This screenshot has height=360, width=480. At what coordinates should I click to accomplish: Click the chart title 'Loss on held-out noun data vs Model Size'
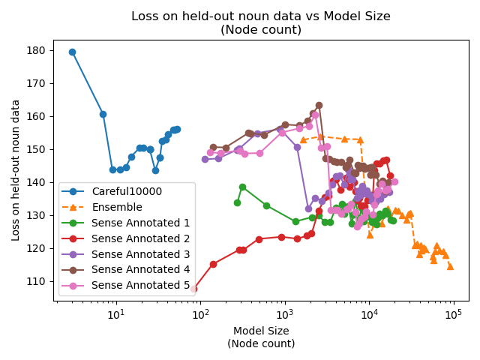(x=261, y=16)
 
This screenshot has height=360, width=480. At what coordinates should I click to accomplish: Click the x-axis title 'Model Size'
(x=261, y=331)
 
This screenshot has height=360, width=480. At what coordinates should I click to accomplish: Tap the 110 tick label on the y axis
(x=37, y=281)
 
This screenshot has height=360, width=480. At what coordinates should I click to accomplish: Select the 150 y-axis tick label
(x=37, y=149)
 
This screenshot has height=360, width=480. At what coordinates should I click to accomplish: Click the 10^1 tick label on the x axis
(x=115, y=313)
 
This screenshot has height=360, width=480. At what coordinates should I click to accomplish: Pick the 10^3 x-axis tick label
(x=284, y=313)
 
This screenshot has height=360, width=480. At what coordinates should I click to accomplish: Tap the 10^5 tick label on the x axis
(x=453, y=313)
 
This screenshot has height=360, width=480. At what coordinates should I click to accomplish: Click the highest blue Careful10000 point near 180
(x=72, y=52)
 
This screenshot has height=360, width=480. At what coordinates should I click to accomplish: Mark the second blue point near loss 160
(x=103, y=114)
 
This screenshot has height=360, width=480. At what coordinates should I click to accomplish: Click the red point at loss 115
(x=213, y=264)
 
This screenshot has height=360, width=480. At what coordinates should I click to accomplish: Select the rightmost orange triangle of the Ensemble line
(x=450, y=266)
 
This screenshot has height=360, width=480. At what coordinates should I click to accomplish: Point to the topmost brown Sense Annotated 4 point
(x=319, y=105)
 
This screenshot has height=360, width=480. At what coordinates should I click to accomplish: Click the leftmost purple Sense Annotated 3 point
(x=205, y=159)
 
